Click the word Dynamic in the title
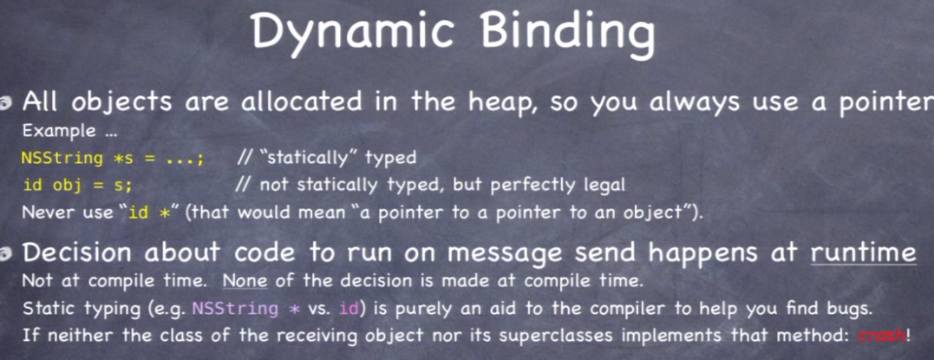pos(350,32)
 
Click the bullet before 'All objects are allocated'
pos(6,105)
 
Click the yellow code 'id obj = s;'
pos(77,186)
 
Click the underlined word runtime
pos(863,252)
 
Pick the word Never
pos(46,213)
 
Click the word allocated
pos(303,102)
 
